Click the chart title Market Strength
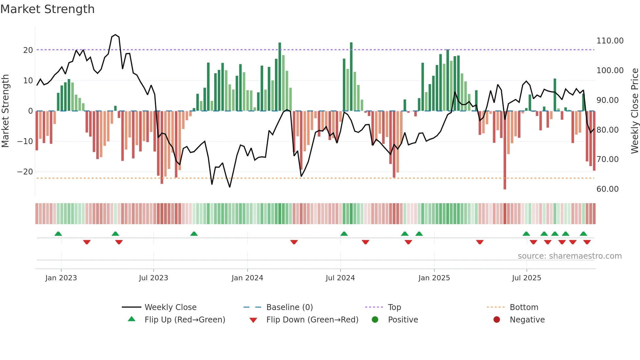coord(48,9)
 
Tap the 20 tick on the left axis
coord(28,50)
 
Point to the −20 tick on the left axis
coord(25,172)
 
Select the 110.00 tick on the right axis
coord(610,41)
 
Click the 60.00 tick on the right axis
coord(607,189)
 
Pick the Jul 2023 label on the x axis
coord(153,278)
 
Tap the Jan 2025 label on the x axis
coord(434,278)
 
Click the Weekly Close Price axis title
coord(634,111)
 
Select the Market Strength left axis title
coord(6,111)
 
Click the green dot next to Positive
coord(375,320)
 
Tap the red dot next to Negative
coord(497,320)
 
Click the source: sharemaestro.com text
coord(569,256)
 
